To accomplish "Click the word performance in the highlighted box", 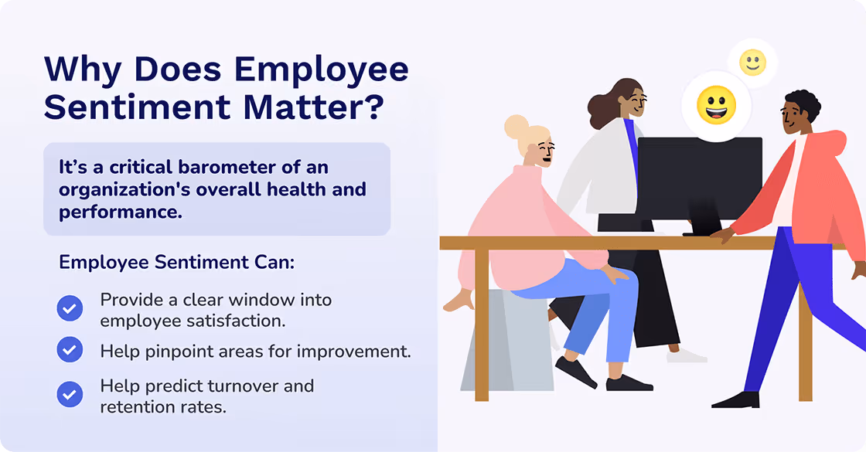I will pos(121,211).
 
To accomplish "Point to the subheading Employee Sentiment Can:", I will pos(177,262).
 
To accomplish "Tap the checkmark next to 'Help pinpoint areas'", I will pos(70,350).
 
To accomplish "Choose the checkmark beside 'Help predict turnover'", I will pos(70,395).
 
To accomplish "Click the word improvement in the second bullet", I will pos(359,352).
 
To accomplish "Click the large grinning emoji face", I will pos(716,106).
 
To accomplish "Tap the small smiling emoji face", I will pos(752,63).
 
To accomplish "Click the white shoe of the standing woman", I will pos(687,355).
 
